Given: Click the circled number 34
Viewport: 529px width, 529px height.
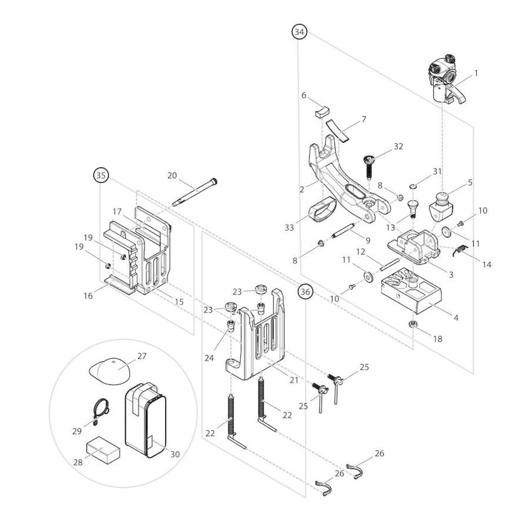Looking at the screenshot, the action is click(299, 32).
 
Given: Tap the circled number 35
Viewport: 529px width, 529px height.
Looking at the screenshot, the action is click(101, 175).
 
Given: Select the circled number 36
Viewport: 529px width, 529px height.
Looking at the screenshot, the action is click(305, 292).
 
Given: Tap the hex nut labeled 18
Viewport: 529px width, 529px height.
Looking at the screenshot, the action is click(413, 324).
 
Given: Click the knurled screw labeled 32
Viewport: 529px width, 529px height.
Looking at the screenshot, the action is click(369, 166).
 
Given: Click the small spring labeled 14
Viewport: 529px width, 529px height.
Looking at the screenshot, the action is click(459, 250).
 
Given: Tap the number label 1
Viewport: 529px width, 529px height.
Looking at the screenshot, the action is click(476, 73).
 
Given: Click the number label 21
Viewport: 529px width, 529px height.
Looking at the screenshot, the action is click(294, 380).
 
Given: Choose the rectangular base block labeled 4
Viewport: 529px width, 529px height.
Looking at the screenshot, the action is click(411, 291).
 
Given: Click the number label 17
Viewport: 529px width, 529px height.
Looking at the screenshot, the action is click(117, 212).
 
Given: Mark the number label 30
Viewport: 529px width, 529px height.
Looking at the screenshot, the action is click(175, 454).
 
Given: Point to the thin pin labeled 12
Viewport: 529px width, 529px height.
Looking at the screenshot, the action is click(390, 264).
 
